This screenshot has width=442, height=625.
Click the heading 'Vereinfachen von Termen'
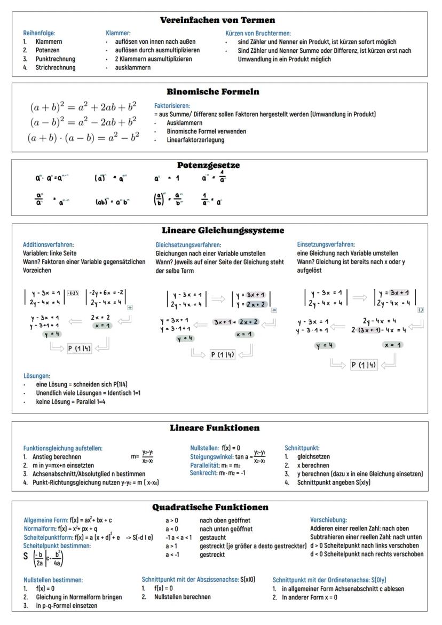tap(218, 20)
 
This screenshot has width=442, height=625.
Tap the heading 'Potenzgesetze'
tap(208, 165)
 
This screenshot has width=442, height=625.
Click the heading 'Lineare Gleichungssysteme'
tap(223, 231)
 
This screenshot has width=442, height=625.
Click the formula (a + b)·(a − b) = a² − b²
tap(83, 137)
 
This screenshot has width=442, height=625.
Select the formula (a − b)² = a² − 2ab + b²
tap(83, 122)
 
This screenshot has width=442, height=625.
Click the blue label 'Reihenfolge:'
tap(39, 33)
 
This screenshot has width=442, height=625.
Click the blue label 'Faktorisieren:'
tap(172, 106)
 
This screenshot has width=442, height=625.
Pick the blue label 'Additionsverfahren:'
tap(48, 244)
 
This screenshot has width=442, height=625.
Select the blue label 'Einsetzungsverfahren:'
tap(326, 244)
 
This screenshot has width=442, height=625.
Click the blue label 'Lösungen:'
tap(36, 376)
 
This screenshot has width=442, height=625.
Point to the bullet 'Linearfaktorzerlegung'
tap(195, 140)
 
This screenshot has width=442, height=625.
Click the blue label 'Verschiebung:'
tap(328, 520)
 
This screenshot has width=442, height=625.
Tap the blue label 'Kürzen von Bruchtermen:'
tap(258, 33)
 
